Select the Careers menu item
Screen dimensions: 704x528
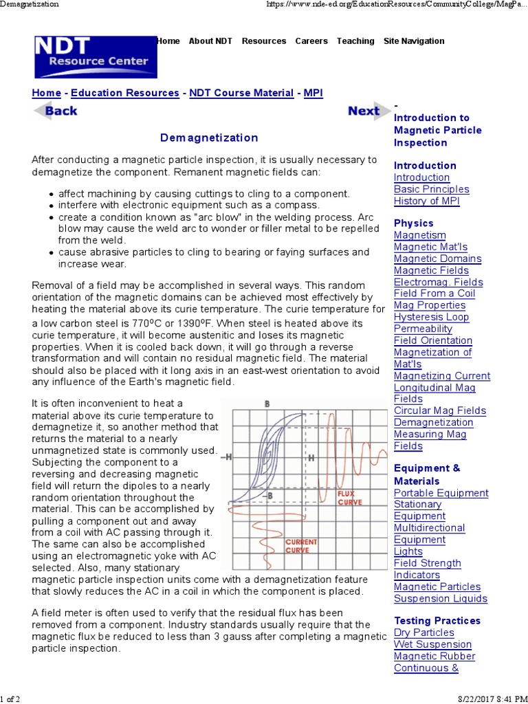pos(311,41)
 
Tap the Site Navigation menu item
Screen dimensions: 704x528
pos(414,41)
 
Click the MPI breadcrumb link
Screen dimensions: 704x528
pos(313,93)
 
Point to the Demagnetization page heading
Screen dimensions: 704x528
pos(209,138)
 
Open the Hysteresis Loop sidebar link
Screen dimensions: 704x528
pos(431,317)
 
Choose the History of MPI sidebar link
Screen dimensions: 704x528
pos(426,201)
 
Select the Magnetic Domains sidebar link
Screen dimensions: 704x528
pos(437,258)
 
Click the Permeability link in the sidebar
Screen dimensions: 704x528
pos(423,329)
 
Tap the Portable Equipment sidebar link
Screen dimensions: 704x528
pos(441,493)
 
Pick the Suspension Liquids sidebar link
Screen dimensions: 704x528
pos(440,598)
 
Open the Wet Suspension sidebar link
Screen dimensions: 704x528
pos(432,644)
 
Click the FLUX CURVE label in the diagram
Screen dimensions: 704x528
pos(350,498)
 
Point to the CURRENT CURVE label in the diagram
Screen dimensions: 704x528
pos(302,546)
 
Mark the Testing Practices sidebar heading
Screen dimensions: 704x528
pos(437,620)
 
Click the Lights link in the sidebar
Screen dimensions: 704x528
pos(408,551)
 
